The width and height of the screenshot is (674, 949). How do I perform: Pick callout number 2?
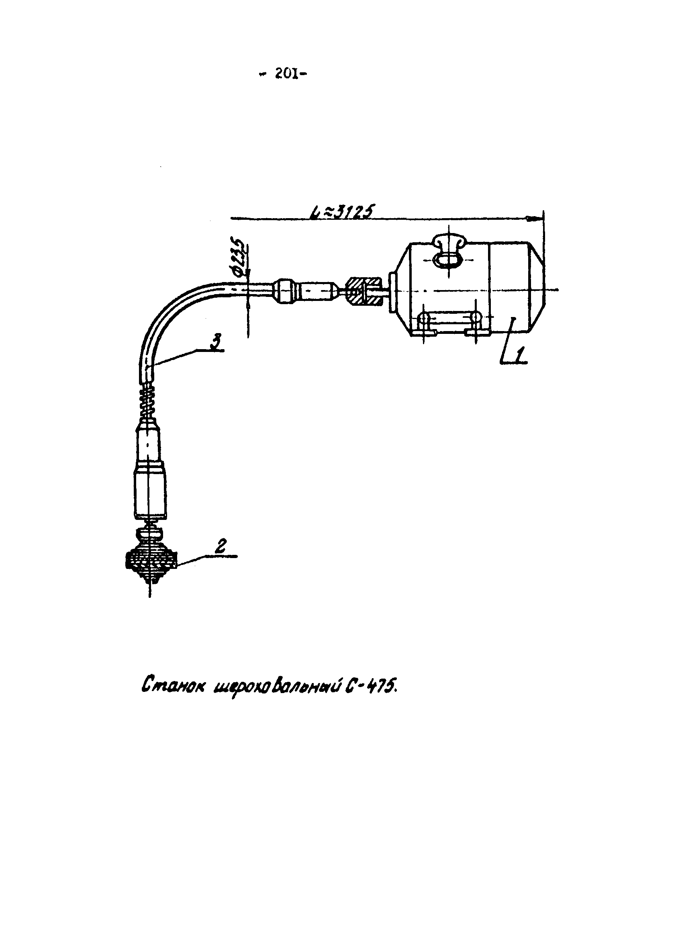[222, 547]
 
